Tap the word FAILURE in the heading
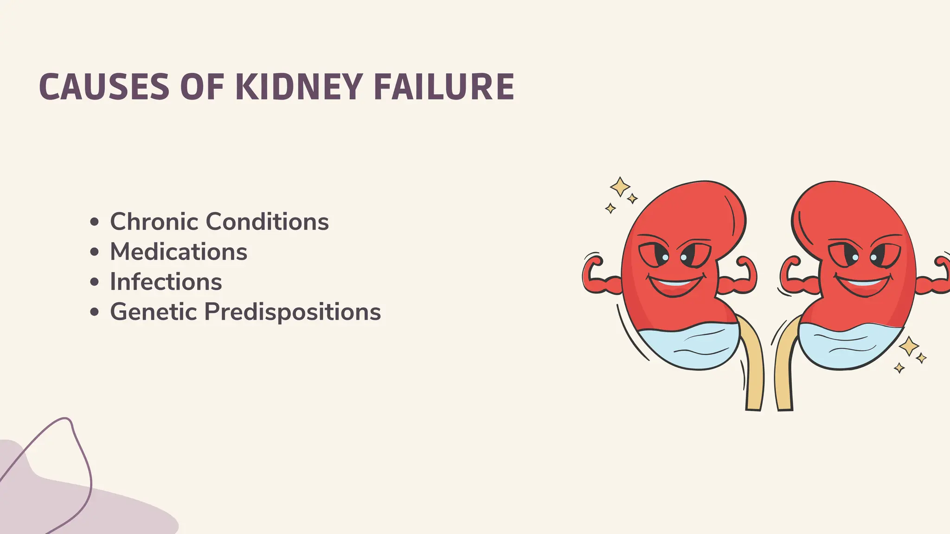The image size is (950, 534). tap(444, 87)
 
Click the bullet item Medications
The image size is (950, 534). tap(179, 252)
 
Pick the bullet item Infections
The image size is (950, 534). tap(166, 282)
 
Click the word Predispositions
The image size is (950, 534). tap(293, 311)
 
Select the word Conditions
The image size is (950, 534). tap(267, 222)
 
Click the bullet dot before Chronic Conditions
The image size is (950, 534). tap(95, 222)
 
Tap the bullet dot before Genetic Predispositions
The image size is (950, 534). tap(95, 312)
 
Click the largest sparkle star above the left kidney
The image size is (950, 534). tap(619, 187)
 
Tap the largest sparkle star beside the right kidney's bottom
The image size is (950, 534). tap(909, 346)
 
